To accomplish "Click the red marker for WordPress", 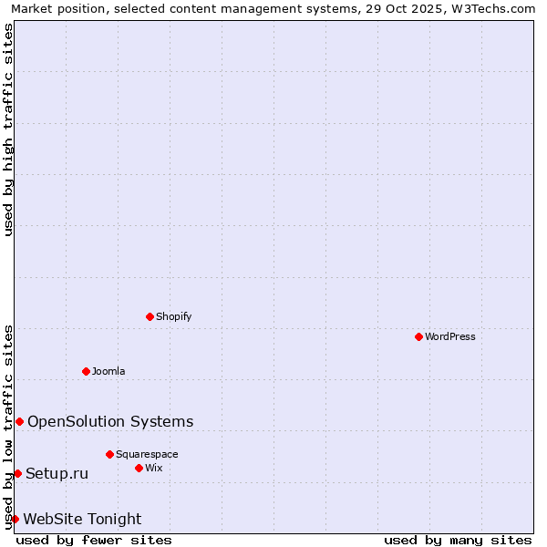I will pos(418,336).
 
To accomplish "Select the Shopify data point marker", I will pos(150,316).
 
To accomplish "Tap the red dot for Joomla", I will pos(86,371).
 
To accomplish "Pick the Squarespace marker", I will pos(109,454).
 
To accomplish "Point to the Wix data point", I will pos(139,468).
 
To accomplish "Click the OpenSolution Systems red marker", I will pos(19,421).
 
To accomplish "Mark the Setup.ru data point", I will pos(17,473).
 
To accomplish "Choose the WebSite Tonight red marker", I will pos(15,519).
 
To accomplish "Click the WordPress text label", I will pos(450,336).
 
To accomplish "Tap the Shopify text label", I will pos(174,316).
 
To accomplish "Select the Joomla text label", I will pos(108,371).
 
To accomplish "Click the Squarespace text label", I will pos(147,454).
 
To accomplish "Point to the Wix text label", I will pos(154,468).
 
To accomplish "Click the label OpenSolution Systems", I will pos(110,421).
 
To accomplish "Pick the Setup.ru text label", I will pos(57,473).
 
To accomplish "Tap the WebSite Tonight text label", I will pos(82,519).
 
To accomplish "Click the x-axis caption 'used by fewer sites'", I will pos(94,540).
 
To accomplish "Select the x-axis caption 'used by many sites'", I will pos(458,540).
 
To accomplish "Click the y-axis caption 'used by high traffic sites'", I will pos(8,129).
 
